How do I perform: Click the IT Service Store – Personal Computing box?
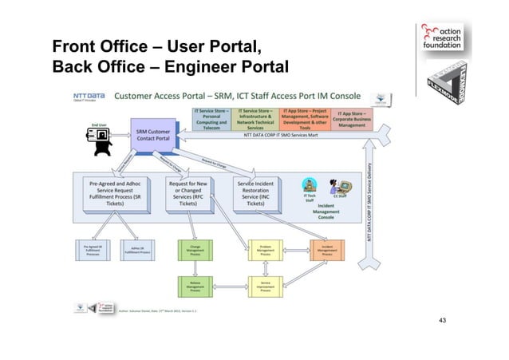pyautogui.click(x=211, y=120)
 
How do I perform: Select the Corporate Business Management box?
pyautogui.click(x=347, y=120)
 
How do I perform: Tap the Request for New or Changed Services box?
pyautogui.click(x=191, y=193)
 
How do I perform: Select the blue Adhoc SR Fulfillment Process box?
pyautogui.click(x=136, y=251)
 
